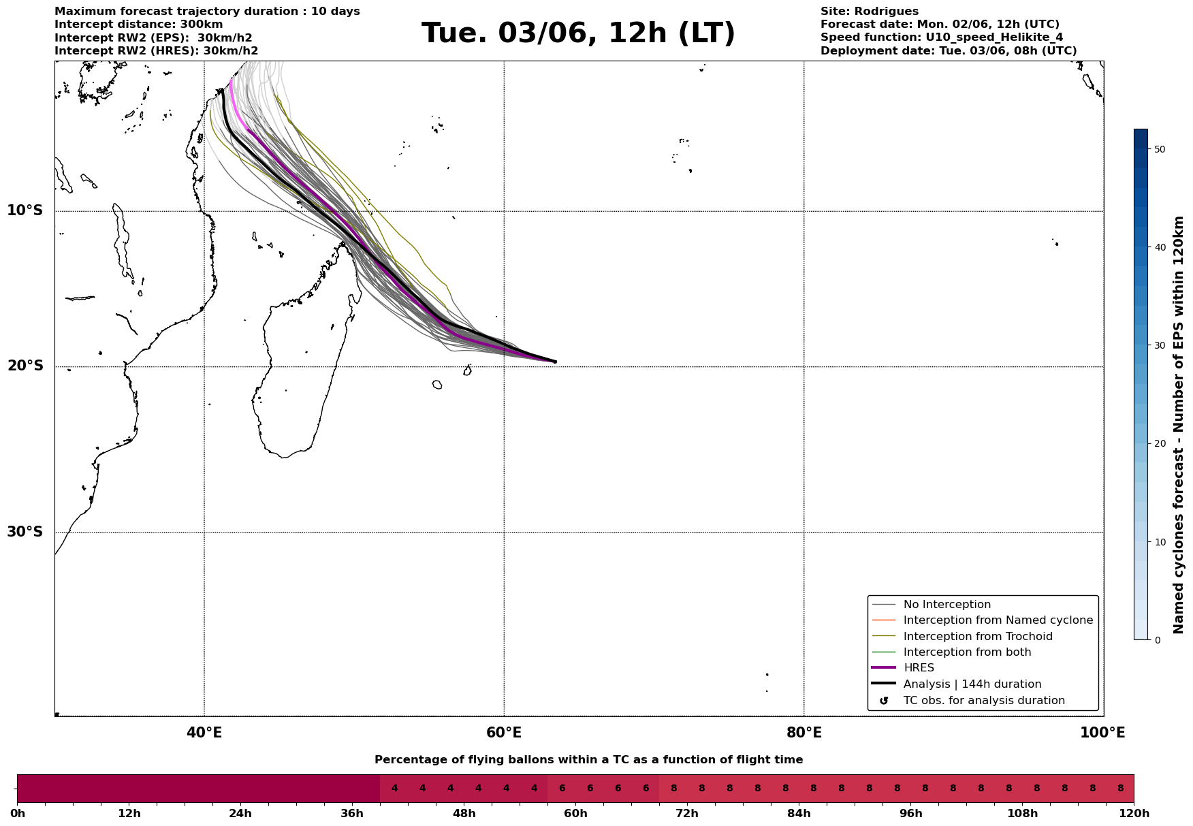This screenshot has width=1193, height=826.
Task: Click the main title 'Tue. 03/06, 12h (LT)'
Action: coord(578,33)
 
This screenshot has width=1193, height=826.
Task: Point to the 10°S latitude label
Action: coord(25,210)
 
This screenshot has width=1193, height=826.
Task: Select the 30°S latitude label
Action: coord(25,532)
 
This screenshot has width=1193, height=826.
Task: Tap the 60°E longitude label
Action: coord(504,733)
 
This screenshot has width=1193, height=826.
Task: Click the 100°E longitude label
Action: coord(1102,733)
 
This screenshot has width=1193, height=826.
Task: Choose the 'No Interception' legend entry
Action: coord(947,605)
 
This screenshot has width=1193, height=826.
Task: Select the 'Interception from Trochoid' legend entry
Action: coord(977,637)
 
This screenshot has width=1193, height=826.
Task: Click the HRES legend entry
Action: coord(919,668)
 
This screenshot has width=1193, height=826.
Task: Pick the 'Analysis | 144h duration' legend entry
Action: coord(972,684)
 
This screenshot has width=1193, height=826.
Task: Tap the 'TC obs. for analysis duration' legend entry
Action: coord(983,701)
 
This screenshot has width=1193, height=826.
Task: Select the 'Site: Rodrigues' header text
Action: coord(869,12)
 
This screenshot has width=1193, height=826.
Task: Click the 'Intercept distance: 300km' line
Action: coord(138,25)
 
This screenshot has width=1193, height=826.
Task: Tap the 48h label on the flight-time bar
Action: coord(464,814)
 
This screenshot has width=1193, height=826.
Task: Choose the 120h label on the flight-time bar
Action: coord(1134,814)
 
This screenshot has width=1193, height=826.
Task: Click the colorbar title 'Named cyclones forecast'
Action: coord(1179,425)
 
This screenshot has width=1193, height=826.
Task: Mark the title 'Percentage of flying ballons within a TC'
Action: coord(588,760)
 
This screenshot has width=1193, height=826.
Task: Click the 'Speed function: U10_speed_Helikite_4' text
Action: coord(941,37)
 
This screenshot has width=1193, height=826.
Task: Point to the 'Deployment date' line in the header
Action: coord(948,51)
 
